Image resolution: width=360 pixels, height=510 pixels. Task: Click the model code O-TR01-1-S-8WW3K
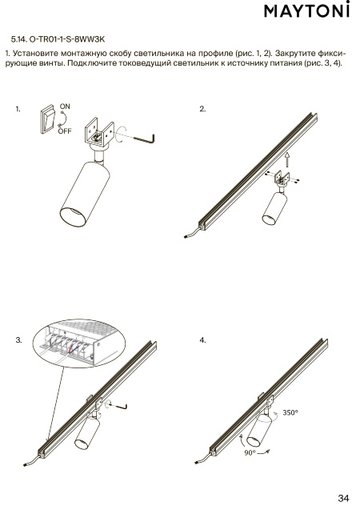[x=67, y=39]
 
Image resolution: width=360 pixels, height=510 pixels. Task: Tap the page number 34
[x=343, y=498]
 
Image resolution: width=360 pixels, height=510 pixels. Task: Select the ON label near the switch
[x=65, y=106]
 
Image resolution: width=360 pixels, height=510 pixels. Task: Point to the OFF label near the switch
[x=65, y=131]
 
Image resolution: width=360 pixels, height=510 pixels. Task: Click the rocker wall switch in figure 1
[x=48, y=118]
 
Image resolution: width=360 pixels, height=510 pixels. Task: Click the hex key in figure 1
[x=144, y=139]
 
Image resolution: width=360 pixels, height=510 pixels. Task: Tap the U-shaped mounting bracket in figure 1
[x=99, y=135]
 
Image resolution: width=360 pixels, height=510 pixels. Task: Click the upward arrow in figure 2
[x=287, y=159]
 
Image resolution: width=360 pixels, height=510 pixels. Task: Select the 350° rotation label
[x=290, y=412]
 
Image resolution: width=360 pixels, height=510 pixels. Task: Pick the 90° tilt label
[x=250, y=453]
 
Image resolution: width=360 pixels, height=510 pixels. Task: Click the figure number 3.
[x=19, y=340]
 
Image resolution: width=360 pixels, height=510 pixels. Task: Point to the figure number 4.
[x=202, y=340]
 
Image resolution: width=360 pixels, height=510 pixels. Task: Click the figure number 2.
[x=202, y=109]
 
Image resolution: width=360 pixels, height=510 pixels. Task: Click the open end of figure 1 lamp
[x=73, y=216]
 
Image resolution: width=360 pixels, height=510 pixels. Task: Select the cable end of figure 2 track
[x=185, y=238]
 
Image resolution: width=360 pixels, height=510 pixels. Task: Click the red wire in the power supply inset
[x=71, y=349]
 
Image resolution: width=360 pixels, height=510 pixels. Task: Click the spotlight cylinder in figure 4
[x=259, y=430]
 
